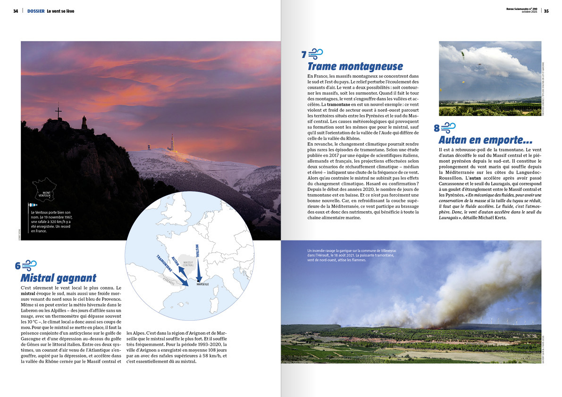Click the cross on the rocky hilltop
59,111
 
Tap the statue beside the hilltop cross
84,123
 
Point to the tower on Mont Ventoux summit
172,143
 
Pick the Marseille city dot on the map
199,281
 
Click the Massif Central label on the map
188,264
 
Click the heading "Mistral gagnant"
58,278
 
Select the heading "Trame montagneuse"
355,66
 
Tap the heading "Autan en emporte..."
485,140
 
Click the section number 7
304,55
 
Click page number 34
16,11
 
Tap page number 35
546,11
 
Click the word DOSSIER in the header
36,11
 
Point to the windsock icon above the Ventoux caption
33,205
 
